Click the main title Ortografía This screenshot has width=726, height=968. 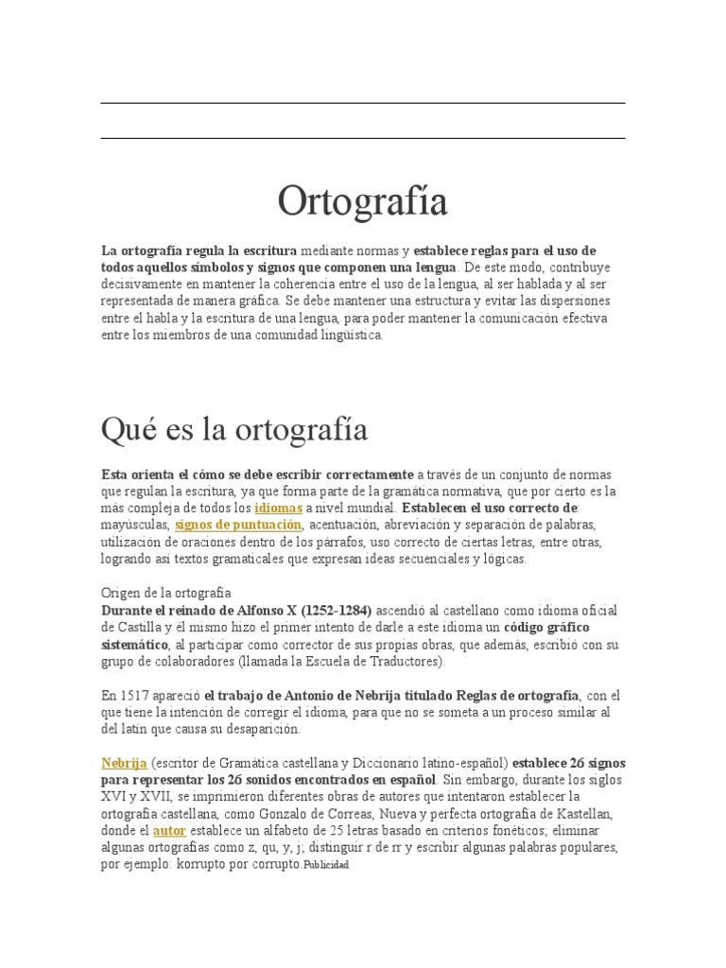coord(362,201)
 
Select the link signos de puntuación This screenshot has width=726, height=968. coord(238,525)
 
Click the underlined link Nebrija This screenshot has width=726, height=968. coord(123,763)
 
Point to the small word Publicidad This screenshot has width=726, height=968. coord(326,866)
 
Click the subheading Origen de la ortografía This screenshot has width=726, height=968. coord(165,593)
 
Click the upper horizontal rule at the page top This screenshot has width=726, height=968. coord(362,103)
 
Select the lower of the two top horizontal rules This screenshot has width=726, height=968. coord(362,138)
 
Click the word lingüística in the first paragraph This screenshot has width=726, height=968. coord(350,336)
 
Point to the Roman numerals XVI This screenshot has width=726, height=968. coord(115,797)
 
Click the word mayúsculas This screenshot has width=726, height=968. coord(134,525)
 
